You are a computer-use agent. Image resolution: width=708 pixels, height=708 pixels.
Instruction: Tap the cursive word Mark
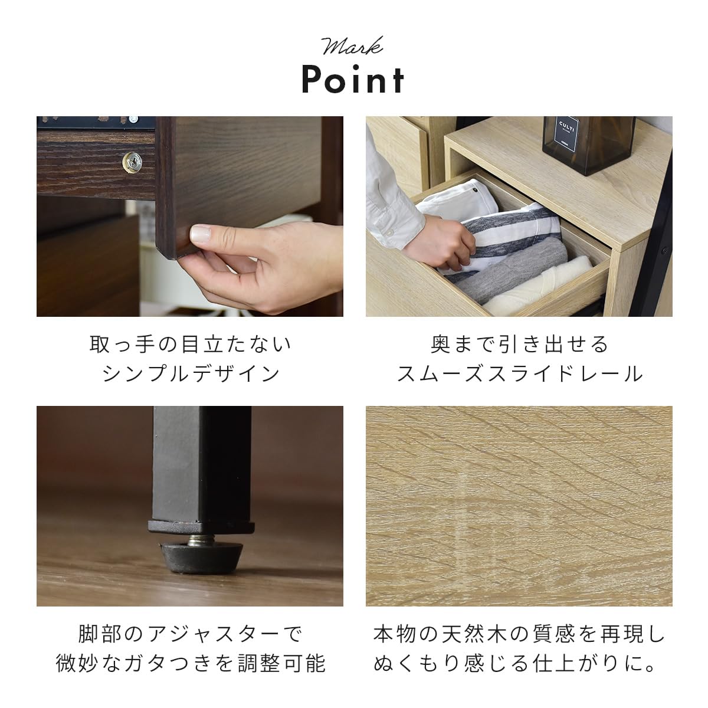click(352, 46)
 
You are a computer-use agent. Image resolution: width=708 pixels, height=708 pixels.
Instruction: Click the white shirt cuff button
click(390, 234)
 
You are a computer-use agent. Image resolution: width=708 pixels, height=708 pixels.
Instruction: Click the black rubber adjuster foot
click(202, 553)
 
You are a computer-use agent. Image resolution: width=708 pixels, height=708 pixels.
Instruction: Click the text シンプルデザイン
click(190, 373)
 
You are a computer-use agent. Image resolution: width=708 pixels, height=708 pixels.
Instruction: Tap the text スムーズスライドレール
click(519, 373)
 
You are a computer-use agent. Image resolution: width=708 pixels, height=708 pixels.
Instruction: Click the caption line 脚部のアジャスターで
click(190, 635)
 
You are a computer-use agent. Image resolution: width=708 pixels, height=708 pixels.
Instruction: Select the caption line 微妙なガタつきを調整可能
click(190, 664)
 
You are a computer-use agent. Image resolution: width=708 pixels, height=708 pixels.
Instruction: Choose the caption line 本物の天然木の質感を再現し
click(519, 635)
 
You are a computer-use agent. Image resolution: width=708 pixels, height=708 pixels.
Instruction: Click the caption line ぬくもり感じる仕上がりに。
click(514, 664)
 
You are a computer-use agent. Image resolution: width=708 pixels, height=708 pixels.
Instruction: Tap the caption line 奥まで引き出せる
click(519, 344)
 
